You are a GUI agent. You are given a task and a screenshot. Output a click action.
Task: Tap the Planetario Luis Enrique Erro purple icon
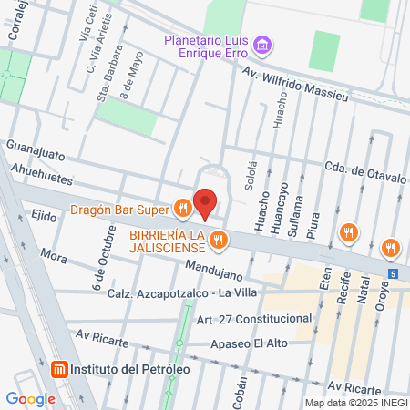pos(263,44)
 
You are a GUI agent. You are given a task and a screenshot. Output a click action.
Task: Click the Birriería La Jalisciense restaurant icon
pos(217,241)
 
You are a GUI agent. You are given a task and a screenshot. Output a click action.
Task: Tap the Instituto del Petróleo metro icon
pos(58,370)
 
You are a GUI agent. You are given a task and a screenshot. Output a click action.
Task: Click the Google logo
pos(31,398)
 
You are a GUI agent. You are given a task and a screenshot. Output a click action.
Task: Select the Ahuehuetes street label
pos(43,169)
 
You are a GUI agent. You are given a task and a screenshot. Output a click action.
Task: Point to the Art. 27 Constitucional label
pos(254,318)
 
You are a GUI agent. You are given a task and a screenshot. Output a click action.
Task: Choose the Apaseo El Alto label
pos(251,344)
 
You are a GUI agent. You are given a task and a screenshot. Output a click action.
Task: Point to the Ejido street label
pos(43,214)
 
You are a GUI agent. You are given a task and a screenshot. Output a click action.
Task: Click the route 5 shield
pos(392,272)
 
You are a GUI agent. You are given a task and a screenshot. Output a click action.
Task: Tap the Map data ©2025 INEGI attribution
pos(355,402)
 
